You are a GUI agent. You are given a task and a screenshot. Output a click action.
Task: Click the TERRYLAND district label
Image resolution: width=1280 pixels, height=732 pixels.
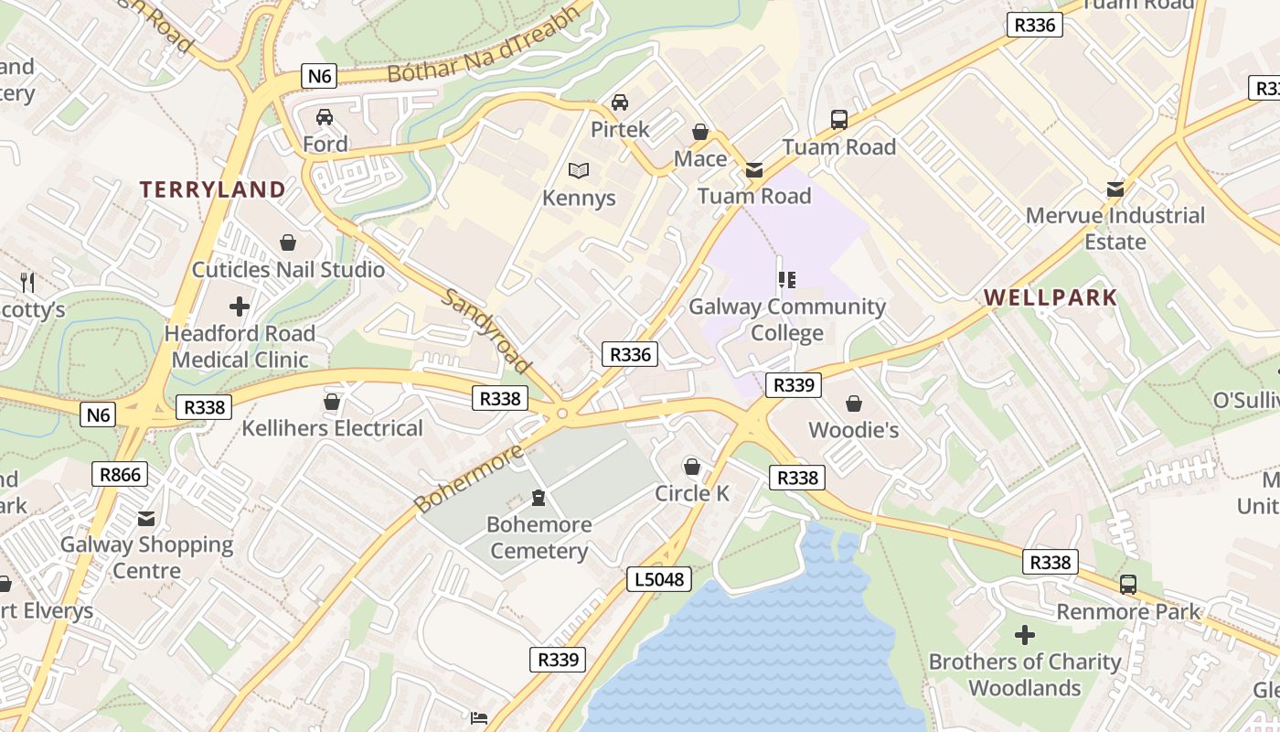pyautogui.click(x=212, y=189)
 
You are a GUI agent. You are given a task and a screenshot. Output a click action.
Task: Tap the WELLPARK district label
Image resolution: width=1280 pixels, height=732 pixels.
pyautogui.click(x=1051, y=297)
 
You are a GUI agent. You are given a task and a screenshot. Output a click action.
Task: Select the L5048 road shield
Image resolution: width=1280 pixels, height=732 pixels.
pyautogui.click(x=659, y=578)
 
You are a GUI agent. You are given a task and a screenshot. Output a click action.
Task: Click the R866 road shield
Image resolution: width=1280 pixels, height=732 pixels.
pyautogui.click(x=120, y=474)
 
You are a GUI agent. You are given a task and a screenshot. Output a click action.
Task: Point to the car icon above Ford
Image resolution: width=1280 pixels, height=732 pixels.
pyautogui.click(x=324, y=117)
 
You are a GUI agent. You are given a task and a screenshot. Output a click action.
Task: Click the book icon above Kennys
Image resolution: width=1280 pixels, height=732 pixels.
pyautogui.click(x=578, y=170)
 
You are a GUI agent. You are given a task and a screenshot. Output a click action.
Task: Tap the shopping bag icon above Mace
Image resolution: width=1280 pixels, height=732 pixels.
pyautogui.click(x=700, y=132)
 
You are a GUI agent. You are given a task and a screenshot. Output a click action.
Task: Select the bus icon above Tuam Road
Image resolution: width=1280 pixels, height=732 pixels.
pyautogui.click(x=838, y=119)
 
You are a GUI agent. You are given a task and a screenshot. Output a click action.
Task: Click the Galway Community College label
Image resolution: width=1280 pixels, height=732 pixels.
pyautogui.click(x=787, y=319)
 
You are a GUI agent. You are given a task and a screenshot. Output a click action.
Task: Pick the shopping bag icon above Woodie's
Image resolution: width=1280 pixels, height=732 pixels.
pyautogui.click(x=853, y=404)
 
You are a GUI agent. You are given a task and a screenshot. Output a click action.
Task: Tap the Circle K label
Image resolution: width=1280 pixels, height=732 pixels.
pyautogui.click(x=692, y=493)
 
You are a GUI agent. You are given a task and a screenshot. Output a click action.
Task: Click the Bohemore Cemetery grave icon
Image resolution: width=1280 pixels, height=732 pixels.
pyautogui.click(x=539, y=499)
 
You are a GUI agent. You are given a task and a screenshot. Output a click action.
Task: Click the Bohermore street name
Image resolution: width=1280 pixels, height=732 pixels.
pyautogui.click(x=467, y=479)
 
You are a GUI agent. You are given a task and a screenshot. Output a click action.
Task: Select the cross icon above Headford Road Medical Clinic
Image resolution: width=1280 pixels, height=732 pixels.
pyautogui.click(x=240, y=307)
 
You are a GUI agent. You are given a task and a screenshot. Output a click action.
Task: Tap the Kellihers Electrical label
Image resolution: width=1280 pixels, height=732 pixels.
pyautogui.click(x=332, y=428)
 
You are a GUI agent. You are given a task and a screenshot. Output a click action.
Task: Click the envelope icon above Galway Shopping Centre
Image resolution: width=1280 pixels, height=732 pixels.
pyautogui.click(x=146, y=519)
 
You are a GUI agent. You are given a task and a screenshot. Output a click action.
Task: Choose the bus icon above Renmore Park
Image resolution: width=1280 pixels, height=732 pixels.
pyautogui.click(x=1128, y=584)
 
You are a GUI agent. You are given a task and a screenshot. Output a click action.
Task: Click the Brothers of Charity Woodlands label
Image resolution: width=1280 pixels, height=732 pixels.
pyautogui.click(x=1025, y=674)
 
